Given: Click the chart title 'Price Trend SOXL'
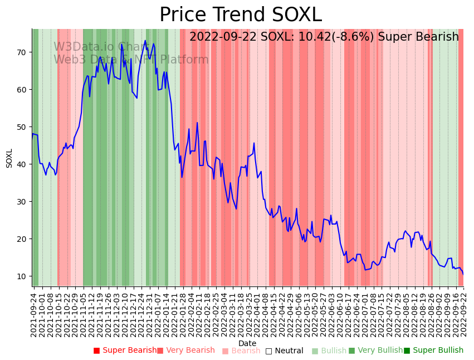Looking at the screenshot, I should pos(241,14).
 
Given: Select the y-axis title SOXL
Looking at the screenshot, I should pos(9,158).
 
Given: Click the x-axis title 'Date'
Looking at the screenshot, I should pos(247,344).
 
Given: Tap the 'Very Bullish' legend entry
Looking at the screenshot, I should pos(375,351).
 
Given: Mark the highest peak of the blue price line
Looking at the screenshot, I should pos(145,40).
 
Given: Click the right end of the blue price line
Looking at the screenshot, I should pos(463,274).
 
